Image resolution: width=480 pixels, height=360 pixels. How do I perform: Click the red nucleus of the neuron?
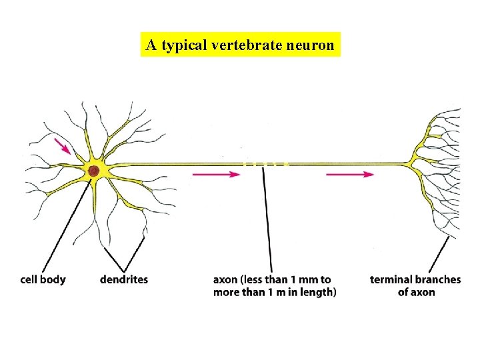(x=94, y=171)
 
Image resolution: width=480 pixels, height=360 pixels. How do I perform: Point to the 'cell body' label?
(x=43, y=279)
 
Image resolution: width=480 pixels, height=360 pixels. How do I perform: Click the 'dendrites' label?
(x=124, y=279)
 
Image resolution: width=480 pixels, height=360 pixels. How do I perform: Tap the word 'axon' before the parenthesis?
(x=225, y=279)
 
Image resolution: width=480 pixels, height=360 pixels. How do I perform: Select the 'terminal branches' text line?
(x=415, y=279)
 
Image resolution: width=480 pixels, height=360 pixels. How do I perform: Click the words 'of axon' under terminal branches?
(x=416, y=292)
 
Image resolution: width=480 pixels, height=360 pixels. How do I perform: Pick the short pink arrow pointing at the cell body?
(x=63, y=146)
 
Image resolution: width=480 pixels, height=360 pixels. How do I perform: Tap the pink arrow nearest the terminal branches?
(x=350, y=175)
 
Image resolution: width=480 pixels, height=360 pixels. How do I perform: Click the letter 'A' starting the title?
(x=151, y=45)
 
